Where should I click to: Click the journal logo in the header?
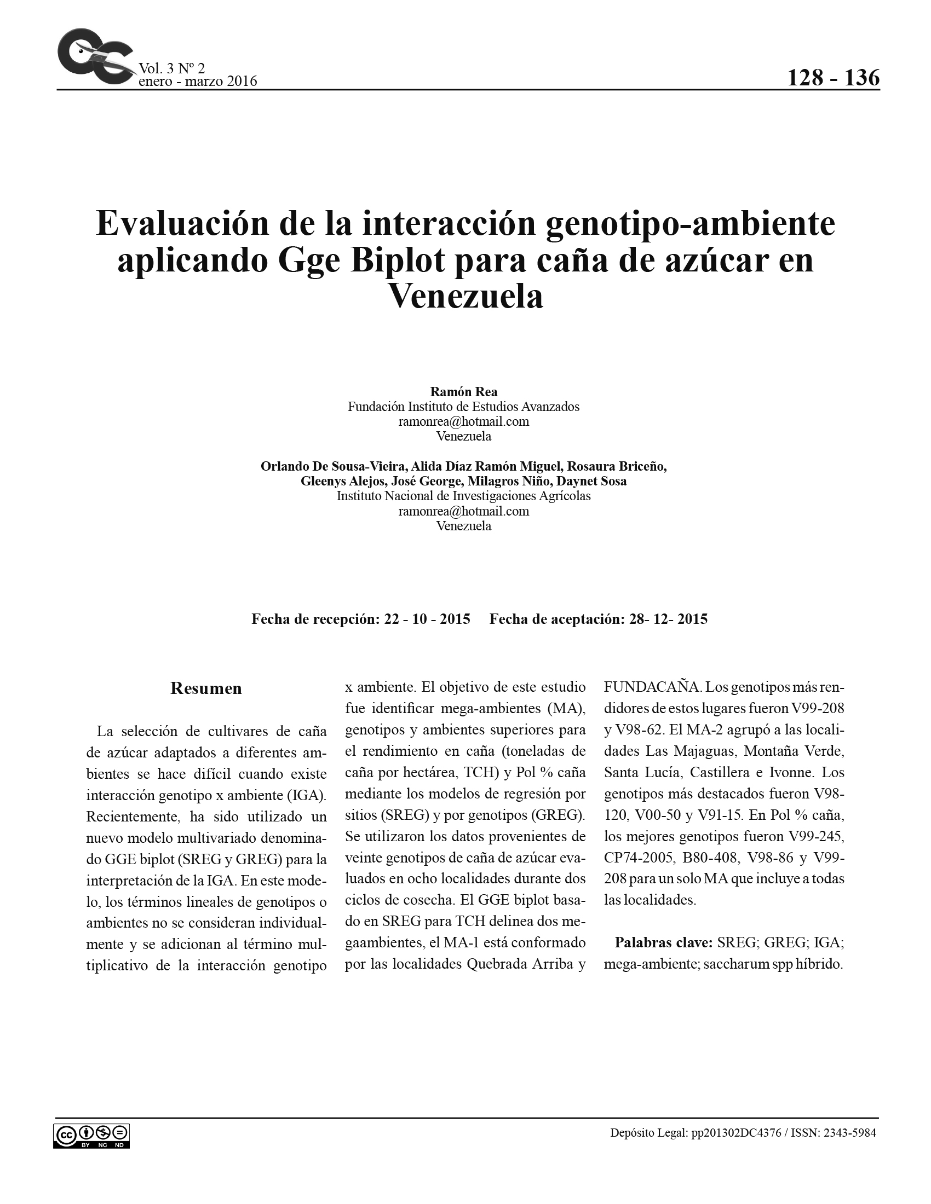[95, 56]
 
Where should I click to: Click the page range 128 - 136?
[833, 78]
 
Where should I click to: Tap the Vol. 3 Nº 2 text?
[171, 68]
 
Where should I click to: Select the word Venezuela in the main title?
[466, 297]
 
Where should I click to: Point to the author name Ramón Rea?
[463, 392]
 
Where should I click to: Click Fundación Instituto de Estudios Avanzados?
[463, 407]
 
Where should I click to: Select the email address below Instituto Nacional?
[463, 511]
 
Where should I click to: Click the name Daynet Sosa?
[591, 481]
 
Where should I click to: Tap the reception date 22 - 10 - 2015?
[427, 619]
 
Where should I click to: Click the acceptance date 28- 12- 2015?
[668, 619]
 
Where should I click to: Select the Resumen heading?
[206, 688]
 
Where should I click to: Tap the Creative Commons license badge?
[91, 1136]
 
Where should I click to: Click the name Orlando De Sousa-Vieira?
[333, 466]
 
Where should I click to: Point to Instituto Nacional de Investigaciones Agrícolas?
[463, 496]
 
